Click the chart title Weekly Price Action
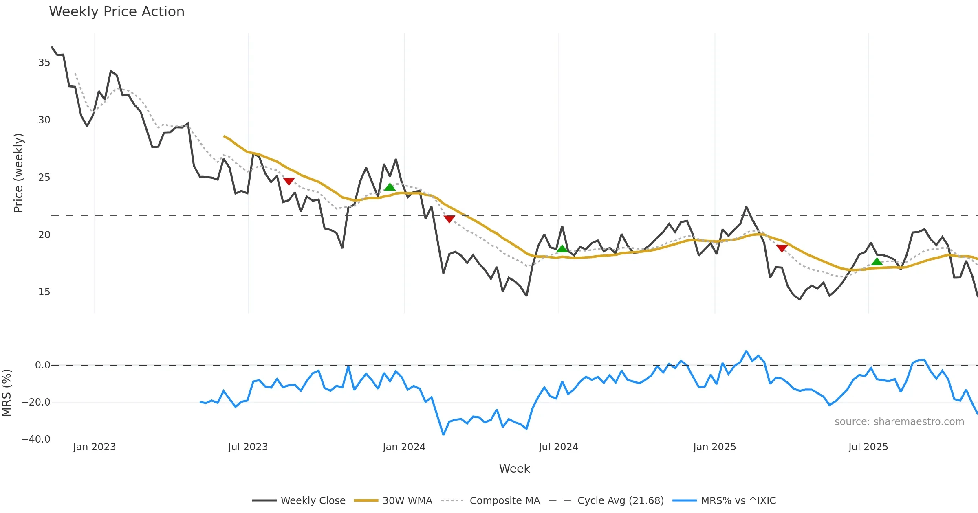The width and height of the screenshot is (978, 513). [x=117, y=12]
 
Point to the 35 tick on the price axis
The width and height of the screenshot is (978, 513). [x=44, y=63]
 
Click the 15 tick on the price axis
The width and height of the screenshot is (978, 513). [x=44, y=292]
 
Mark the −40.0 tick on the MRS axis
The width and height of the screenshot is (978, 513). [x=36, y=439]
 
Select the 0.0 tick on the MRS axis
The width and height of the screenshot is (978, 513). [x=42, y=365]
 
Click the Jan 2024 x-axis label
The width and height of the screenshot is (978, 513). [x=404, y=447]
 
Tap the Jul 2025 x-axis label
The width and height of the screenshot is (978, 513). [x=868, y=447]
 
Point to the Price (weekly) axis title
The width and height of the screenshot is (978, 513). [x=19, y=173]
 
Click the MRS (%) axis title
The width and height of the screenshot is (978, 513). [x=7, y=393]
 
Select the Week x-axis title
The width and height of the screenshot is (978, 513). [x=514, y=469]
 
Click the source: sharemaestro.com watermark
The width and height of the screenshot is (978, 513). [x=899, y=422]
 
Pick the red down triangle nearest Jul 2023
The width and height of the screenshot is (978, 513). [x=289, y=181]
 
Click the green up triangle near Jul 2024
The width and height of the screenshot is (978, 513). [x=562, y=249]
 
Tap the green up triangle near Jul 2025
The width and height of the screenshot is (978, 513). [x=877, y=261]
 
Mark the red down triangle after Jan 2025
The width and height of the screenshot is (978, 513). [x=782, y=248]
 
